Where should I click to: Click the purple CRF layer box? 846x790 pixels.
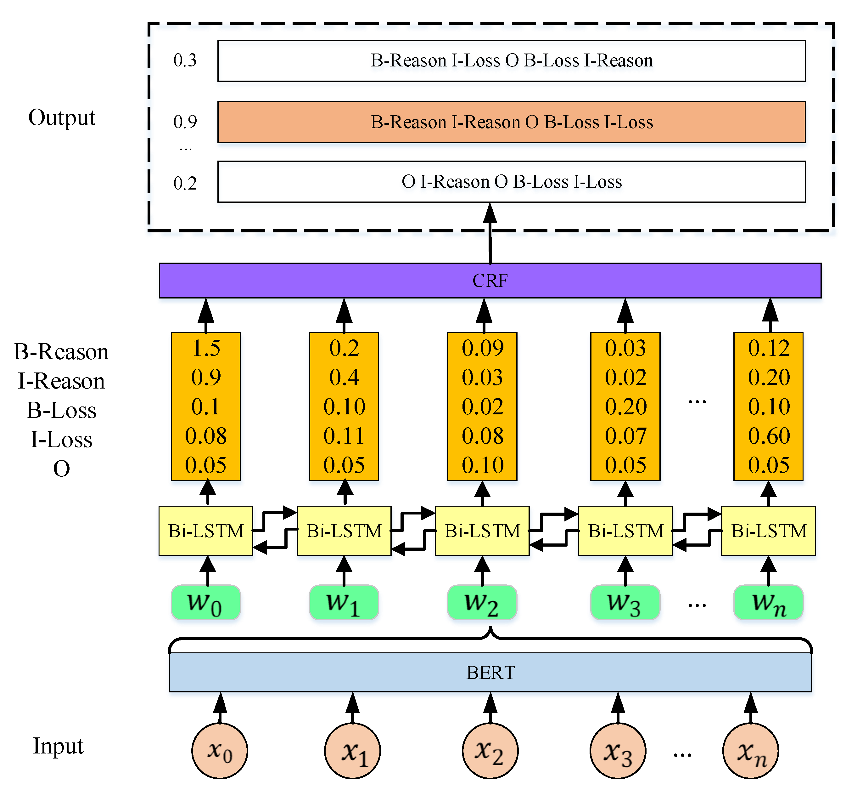coord(490,280)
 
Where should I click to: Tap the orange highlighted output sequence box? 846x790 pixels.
coord(511,122)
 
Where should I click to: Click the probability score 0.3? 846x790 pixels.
coord(185,60)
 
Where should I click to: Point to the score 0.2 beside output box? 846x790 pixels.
coord(185,184)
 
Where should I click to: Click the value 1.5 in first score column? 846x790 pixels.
coord(206,348)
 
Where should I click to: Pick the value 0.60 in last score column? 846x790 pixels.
coord(769,436)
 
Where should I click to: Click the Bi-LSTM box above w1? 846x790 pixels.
coord(344,531)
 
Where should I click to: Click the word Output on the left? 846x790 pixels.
coord(62,117)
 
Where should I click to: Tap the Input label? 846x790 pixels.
coord(58,746)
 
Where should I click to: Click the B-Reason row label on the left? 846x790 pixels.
coord(61,352)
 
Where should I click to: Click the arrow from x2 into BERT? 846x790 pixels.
coord(490,708)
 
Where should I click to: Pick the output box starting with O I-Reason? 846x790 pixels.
coord(511,181)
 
